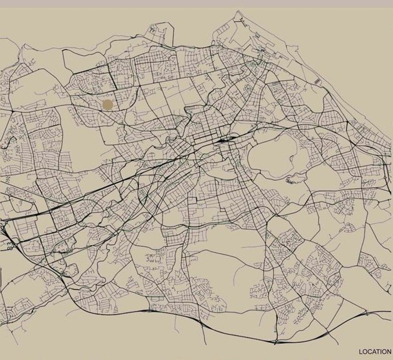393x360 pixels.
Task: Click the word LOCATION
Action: [375, 352]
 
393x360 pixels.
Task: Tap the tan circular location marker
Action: [108, 104]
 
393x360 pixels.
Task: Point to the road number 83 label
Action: [8, 244]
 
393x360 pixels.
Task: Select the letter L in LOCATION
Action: [361, 352]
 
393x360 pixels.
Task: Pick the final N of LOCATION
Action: [389, 352]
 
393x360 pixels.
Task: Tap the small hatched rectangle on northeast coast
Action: [317, 79]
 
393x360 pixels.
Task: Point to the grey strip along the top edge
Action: [196, 3]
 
